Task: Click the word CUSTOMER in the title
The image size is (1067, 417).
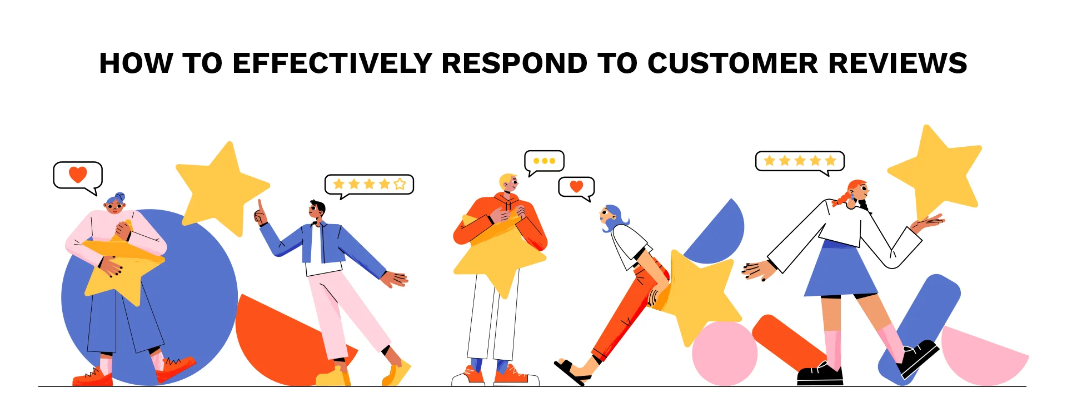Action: coord(732,63)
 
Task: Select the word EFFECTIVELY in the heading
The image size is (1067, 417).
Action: coord(332,63)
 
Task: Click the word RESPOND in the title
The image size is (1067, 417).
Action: coord(514,63)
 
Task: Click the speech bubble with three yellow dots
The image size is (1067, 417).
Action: coord(544,161)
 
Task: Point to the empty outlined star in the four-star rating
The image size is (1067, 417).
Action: coord(400,184)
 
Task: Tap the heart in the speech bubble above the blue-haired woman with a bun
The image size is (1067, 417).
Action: coord(78,174)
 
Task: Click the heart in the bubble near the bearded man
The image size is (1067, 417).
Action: coord(576,186)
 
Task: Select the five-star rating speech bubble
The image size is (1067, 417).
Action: coord(800,161)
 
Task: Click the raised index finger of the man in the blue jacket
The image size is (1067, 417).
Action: coord(259,205)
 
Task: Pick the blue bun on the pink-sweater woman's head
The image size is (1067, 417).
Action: coord(121,197)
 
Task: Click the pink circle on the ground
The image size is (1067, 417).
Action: coord(724,354)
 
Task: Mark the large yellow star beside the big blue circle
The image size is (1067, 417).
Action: coord(222,186)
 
